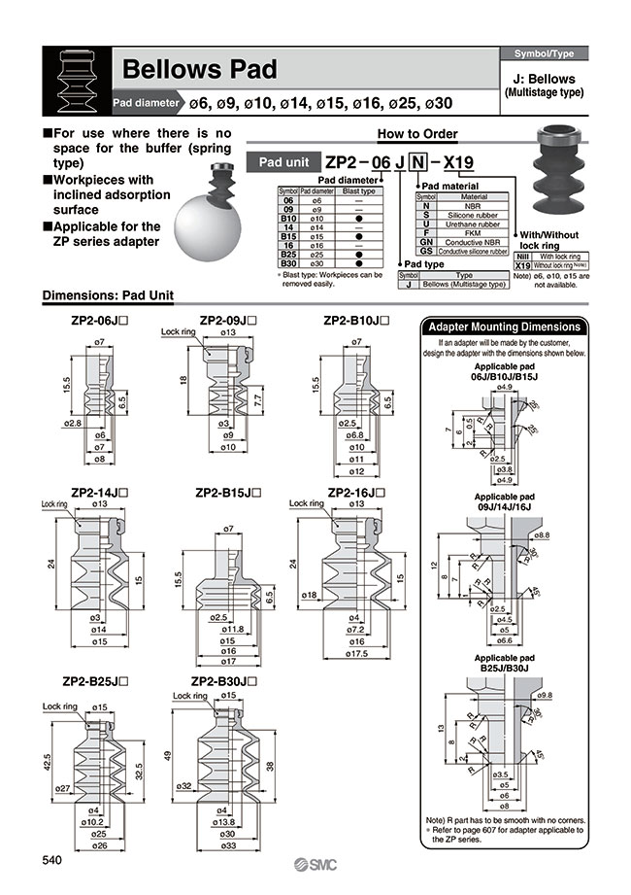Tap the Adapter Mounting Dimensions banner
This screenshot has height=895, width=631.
(x=505, y=327)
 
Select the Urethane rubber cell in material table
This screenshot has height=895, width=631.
(x=474, y=222)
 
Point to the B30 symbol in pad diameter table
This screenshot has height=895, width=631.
(x=287, y=262)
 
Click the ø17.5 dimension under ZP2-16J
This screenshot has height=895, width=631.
(x=356, y=654)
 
